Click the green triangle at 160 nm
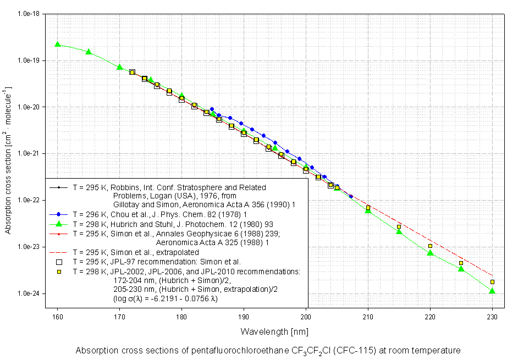57,44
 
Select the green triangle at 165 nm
89,52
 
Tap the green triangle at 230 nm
492,290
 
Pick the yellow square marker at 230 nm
492,282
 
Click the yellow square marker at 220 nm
430,246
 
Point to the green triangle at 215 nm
399,231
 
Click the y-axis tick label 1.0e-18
27,14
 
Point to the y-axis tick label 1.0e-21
27,153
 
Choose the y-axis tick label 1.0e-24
27,293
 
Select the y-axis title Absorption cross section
8,159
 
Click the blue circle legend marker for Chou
58,214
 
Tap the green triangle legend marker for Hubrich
58,223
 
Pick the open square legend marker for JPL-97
58,262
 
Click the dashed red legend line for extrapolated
58,252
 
